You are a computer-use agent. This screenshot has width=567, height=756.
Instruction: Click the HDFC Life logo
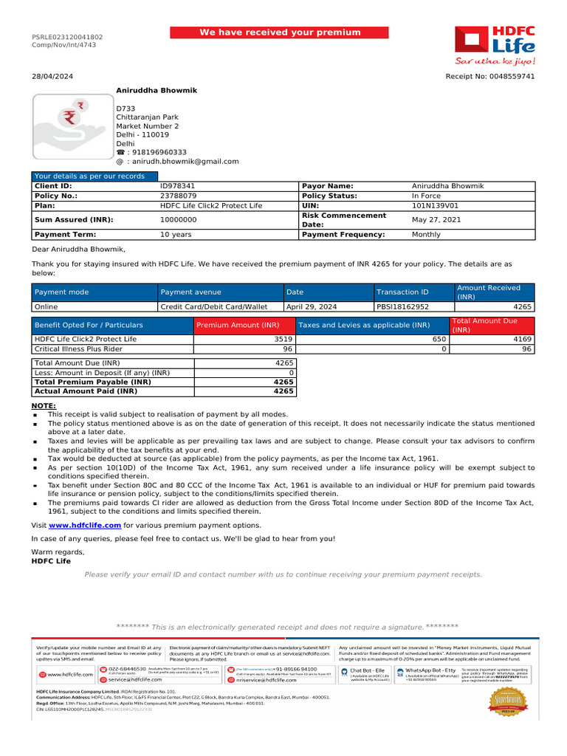tap(493, 44)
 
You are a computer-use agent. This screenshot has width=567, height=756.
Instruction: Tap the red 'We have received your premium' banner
tap(280, 32)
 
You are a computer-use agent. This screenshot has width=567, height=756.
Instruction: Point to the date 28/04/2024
tap(47, 77)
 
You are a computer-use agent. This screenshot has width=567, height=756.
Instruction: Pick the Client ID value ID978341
tap(178, 186)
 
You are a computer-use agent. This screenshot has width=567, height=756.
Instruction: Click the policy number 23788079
tap(178, 196)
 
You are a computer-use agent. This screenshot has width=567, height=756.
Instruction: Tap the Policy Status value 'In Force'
tap(426, 196)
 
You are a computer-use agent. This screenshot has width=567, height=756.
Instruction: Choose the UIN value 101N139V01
tap(435, 206)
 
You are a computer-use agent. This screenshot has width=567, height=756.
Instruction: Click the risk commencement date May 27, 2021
tap(436, 220)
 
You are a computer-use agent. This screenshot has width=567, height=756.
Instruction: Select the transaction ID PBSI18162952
tap(402, 306)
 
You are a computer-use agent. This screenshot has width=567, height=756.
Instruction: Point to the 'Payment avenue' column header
tap(190, 292)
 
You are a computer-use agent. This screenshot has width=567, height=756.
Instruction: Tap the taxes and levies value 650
tap(439, 339)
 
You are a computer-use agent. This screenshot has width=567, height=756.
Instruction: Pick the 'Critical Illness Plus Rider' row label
tap(79, 348)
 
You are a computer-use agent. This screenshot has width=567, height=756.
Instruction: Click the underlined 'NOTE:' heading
tap(44, 406)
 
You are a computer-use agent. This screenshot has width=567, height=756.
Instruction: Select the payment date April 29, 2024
tap(311, 306)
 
